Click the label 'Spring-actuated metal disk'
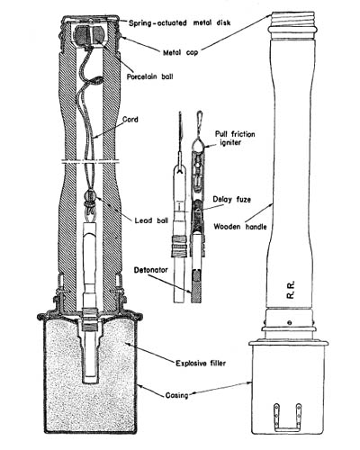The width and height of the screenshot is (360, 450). pyautogui.click(x=180, y=22)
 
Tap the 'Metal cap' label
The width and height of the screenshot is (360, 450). pyautogui.click(x=181, y=53)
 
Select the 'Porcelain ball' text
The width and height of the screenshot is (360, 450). pyautogui.click(x=149, y=76)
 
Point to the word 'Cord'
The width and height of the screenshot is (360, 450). pyautogui.click(x=130, y=120)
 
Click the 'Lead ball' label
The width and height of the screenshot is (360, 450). pyautogui.click(x=151, y=220)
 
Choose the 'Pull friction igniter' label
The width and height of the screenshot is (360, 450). pyautogui.click(x=235, y=138)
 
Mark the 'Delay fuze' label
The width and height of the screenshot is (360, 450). pyautogui.click(x=232, y=200)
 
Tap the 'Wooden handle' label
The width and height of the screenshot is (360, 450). pyautogui.click(x=240, y=227)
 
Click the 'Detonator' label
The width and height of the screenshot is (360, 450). pyautogui.click(x=151, y=270)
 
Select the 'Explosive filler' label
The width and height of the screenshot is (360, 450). pyautogui.click(x=201, y=364)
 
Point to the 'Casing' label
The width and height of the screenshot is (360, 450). pyautogui.click(x=176, y=395)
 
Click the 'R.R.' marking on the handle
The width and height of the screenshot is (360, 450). pyautogui.click(x=291, y=290)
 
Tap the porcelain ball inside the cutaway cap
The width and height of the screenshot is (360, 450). pyautogui.click(x=89, y=35)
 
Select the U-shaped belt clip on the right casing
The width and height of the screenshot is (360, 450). pyautogui.click(x=287, y=419)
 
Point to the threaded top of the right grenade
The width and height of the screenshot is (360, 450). pyautogui.click(x=292, y=20)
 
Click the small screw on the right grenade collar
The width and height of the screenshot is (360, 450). pyautogui.click(x=289, y=323)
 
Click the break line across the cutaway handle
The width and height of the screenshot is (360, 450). pyautogui.click(x=90, y=162)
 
